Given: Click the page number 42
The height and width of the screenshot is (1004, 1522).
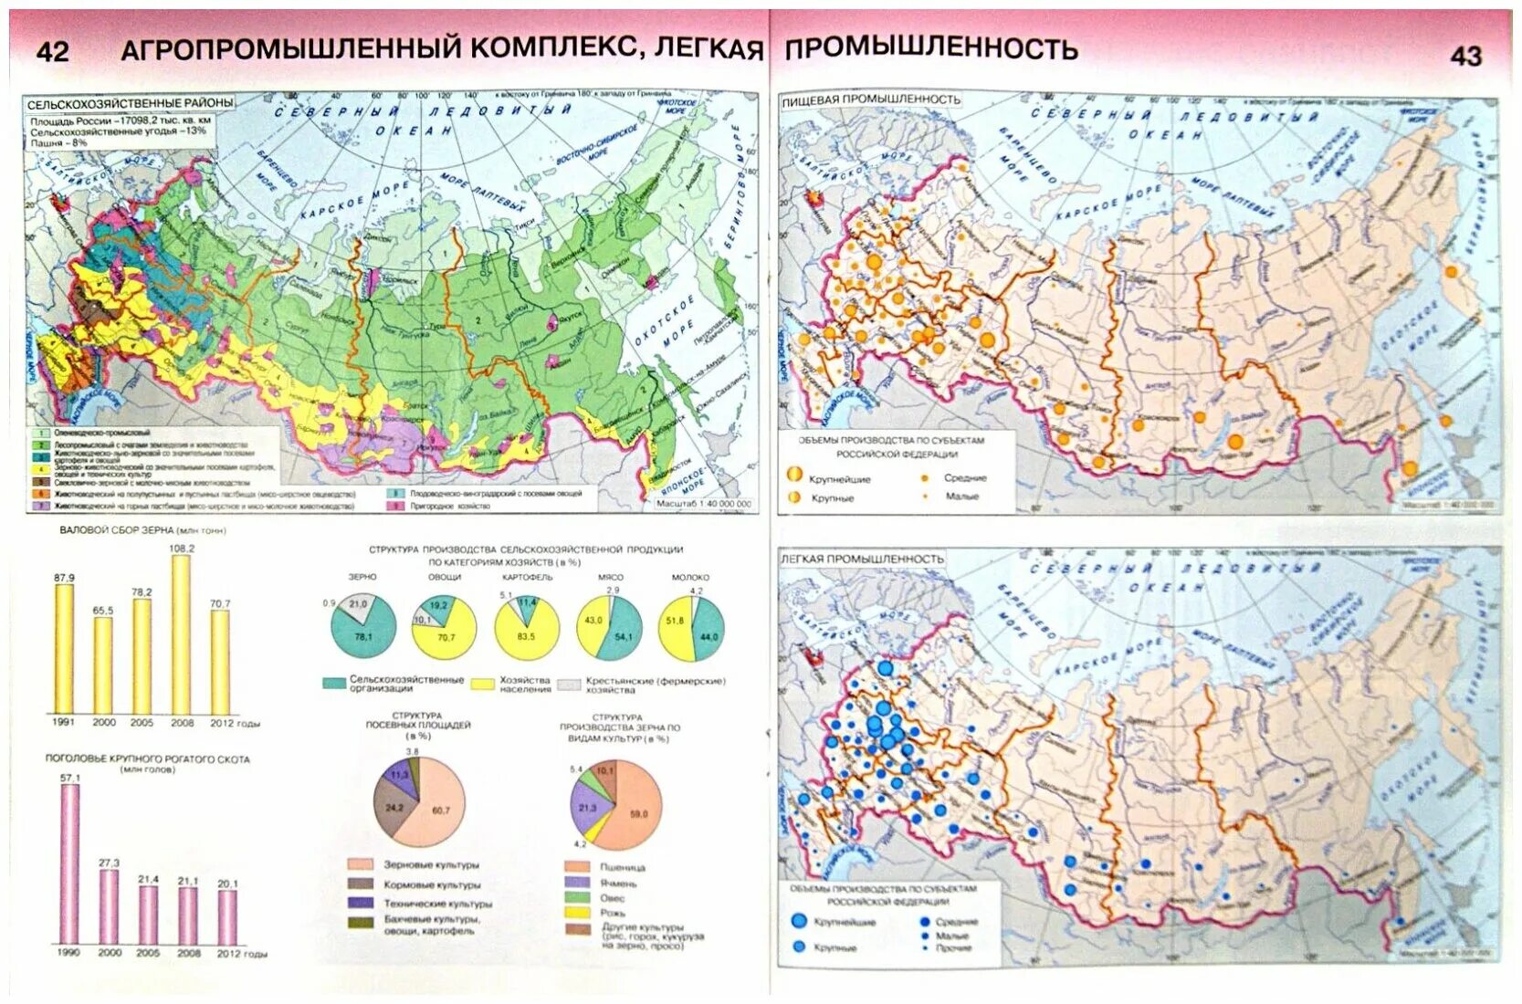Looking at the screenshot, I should (x=52, y=51).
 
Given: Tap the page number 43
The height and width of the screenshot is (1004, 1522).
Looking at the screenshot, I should (x=1465, y=56).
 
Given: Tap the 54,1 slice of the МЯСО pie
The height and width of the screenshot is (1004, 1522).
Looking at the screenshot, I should (x=623, y=633).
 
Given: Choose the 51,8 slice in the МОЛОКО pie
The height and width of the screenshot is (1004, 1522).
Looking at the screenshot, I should (x=677, y=624).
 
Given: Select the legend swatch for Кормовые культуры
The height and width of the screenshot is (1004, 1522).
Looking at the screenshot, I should (x=361, y=884).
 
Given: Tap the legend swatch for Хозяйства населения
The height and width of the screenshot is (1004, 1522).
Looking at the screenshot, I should (x=483, y=684).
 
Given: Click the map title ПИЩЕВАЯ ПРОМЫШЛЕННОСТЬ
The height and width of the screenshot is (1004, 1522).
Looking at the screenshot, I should (x=871, y=99).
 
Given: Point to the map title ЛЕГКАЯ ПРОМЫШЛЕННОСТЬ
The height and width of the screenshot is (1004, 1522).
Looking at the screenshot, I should (x=861, y=558).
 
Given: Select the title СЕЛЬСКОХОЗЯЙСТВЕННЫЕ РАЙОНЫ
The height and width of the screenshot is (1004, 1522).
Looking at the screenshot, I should (x=130, y=103).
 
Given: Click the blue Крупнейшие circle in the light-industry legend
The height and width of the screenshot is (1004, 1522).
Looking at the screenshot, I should (x=799, y=922).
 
